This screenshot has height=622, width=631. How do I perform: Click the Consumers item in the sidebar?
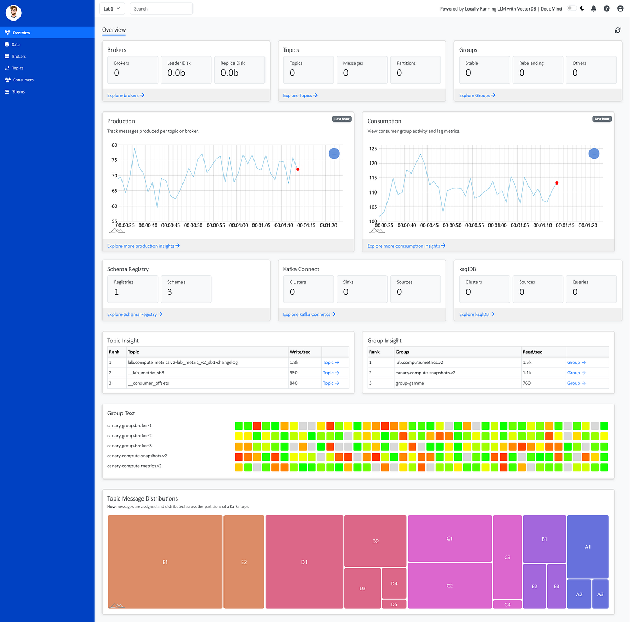[23, 80]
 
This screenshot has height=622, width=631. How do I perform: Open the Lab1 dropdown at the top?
[112, 9]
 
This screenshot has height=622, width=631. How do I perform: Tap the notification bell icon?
[594, 8]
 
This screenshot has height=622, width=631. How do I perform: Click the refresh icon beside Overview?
[618, 30]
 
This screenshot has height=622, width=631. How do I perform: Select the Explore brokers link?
[126, 95]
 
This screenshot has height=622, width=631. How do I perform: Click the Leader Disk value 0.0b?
[176, 73]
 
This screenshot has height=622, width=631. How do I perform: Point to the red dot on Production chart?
[298, 169]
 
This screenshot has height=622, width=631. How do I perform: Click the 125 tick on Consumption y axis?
[373, 149]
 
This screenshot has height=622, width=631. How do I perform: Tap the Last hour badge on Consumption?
[602, 119]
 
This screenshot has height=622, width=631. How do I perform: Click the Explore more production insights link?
[143, 246]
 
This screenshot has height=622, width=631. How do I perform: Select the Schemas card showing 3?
[186, 289]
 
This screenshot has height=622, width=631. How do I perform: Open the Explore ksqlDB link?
[476, 314]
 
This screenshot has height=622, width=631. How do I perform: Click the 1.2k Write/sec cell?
[294, 362]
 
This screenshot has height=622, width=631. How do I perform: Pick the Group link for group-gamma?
[576, 383]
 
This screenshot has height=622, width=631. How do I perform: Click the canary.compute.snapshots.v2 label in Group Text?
[137, 456]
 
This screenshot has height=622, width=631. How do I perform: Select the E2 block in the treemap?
[244, 562]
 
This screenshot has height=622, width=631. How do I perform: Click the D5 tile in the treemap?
[394, 604]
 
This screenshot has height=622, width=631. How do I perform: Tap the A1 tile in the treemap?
[588, 547]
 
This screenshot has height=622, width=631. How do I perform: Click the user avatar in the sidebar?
[14, 13]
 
